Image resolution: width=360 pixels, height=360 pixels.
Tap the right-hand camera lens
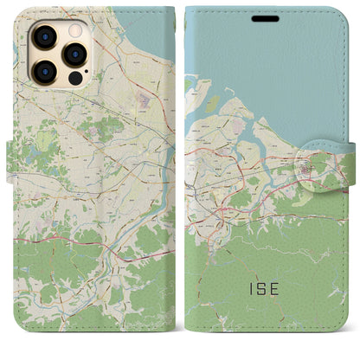[74, 54]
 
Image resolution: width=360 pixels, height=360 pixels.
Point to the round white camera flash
[74, 28]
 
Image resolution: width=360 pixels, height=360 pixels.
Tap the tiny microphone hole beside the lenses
[60, 54]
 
